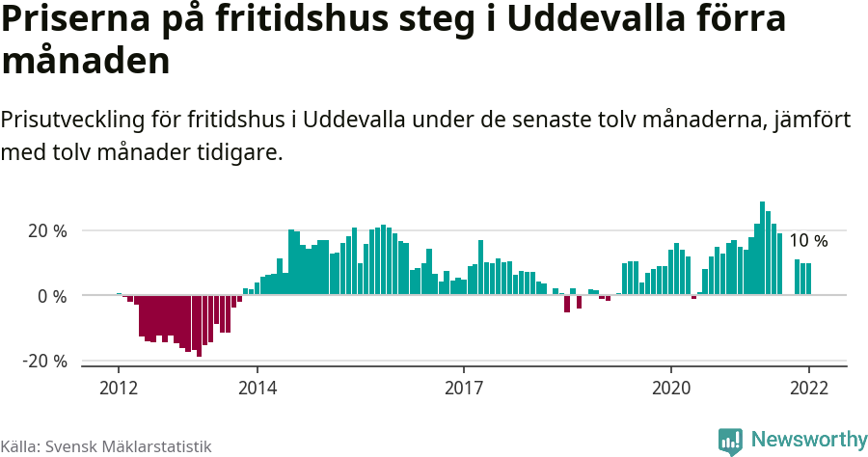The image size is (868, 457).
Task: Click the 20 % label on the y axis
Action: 46,231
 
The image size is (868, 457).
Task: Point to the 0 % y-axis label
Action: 52,296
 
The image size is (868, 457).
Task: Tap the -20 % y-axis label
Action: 44,361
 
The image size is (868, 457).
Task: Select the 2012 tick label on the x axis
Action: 119,388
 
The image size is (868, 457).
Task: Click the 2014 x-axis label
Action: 257,388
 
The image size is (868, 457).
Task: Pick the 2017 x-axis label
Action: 464,388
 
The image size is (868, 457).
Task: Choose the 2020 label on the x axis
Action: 671,388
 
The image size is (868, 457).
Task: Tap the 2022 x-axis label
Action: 808,388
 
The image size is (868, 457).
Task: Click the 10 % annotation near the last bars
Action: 808,241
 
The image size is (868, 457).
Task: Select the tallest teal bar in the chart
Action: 763,248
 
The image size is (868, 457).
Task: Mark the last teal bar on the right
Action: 808,279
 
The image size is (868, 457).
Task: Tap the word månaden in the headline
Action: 86,62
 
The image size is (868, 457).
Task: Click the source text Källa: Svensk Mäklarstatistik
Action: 105,446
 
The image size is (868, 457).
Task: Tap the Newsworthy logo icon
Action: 730,442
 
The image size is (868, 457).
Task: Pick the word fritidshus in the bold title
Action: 283,20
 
